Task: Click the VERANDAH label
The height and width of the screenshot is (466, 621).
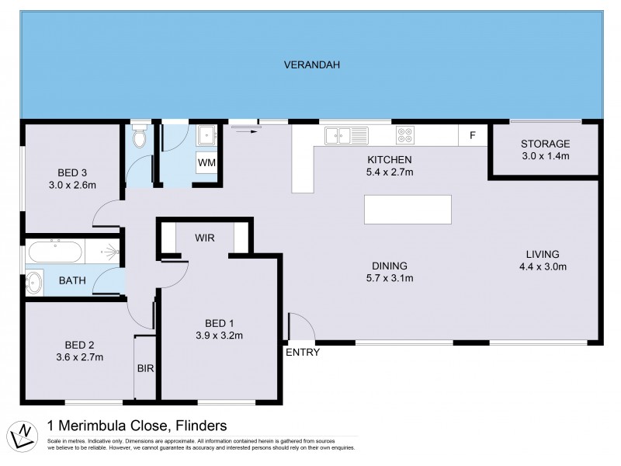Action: coord(311,64)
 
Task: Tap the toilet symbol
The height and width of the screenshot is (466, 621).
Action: coord(140,138)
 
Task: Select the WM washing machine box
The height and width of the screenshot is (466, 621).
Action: coord(206,162)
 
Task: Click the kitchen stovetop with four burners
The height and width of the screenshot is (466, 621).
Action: coord(405,136)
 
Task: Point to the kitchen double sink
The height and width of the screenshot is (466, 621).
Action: coord(345,136)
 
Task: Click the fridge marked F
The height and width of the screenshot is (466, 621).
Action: coord(471,136)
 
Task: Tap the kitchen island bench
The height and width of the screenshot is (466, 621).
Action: coord(408,210)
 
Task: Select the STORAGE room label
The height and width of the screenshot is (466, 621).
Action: coord(545,144)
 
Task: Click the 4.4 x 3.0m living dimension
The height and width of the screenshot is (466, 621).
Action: coord(543,267)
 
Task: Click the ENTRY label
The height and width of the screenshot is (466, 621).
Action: coord(303,353)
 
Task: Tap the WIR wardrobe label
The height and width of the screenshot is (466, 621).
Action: coord(204,238)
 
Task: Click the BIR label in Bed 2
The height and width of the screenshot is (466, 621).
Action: coord(146,369)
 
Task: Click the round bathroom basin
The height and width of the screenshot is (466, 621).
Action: coord(35,282)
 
